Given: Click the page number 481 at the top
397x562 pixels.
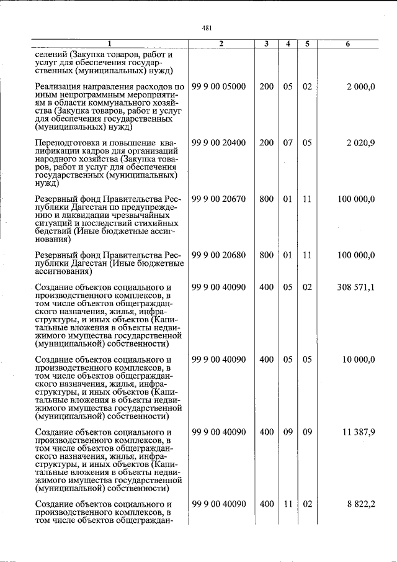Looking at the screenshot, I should coord(207,27).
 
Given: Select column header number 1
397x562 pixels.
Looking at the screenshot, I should coord(109,44).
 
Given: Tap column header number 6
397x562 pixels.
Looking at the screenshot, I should coord(347,44).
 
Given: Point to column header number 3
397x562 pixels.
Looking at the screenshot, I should coord(266,44).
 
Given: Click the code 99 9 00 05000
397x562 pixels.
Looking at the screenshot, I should coord(219,86).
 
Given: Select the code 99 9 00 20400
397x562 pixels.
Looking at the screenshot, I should coord(219,143).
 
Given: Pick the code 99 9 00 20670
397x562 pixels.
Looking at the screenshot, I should coord(219,199).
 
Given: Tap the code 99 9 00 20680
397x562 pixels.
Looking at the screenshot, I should coord(219,255).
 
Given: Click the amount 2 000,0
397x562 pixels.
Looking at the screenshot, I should coord(360,86).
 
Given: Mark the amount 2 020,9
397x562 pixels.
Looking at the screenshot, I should coord(360,143).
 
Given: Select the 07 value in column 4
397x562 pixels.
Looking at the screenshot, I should coord(288,143).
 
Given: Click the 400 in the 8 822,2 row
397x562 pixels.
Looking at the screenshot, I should coord(266,504).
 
